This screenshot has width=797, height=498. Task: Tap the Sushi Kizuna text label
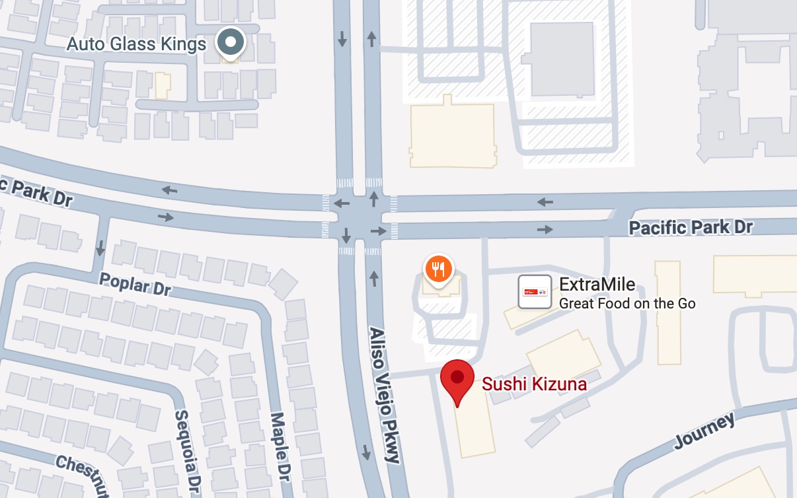click(534, 384)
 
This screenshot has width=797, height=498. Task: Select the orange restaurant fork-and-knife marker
click(437, 268)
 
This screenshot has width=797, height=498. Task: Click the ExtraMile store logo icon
click(535, 291)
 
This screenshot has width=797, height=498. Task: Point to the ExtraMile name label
click(597, 285)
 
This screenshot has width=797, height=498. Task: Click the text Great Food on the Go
click(627, 304)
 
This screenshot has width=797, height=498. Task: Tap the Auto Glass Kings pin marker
click(231, 43)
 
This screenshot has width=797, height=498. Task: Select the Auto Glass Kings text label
click(137, 44)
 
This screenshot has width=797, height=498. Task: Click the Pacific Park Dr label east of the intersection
click(691, 228)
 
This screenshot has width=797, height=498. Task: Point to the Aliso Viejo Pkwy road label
click(385, 394)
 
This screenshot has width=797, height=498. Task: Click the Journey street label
click(704, 432)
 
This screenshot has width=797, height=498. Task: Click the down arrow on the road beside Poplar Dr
click(100, 248)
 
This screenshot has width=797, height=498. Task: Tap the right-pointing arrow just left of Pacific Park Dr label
click(545, 229)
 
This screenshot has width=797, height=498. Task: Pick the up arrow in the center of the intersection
click(374, 198)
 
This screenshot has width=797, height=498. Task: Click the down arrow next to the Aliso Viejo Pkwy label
click(366, 452)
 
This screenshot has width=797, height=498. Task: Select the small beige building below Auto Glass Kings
click(162, 86)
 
